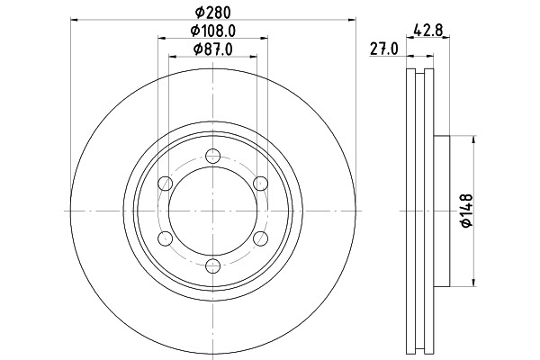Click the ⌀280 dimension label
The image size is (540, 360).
tap(212, 13)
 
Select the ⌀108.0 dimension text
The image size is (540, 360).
tap(213, 31)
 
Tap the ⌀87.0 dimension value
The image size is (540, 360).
tap(212, 49)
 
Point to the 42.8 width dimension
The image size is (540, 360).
tap(428, 30)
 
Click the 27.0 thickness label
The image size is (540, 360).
tap(384, 49)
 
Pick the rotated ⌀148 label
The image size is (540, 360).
tap(466, 211)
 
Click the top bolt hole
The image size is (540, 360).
tap(212, 156)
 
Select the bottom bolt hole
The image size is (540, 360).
tap(212, 265)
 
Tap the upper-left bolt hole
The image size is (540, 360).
tap(166, 184)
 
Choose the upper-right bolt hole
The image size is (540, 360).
tap(260, 184)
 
